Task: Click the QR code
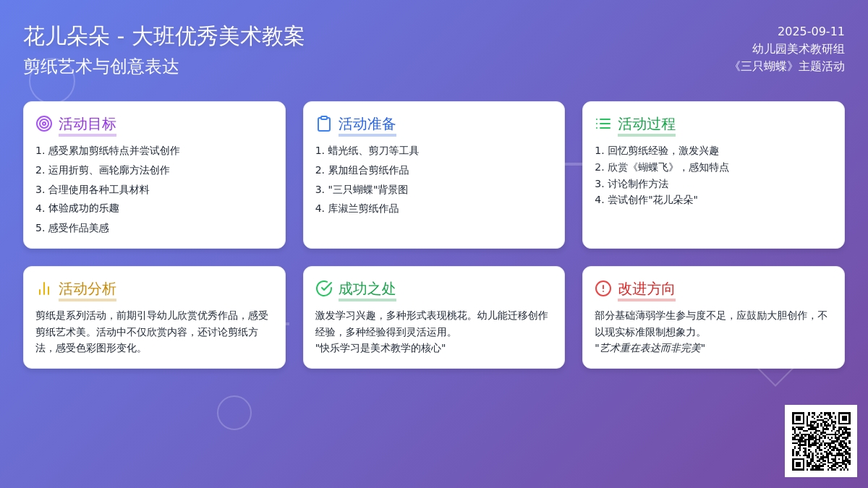(821, 441)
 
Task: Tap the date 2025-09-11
(811, 31)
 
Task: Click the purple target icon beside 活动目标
(44, 124)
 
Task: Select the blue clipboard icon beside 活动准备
(323, 124)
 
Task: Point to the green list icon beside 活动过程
(603, 124)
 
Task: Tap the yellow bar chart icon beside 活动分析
(44, 288)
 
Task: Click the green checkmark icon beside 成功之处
(323, 288)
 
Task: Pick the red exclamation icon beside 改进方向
(603, 288)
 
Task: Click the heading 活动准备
(367, 124)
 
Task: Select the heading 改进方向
(647, 288)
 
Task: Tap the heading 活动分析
(88, 288)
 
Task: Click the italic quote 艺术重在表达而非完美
(650, 348)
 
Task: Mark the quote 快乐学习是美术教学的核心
(380, 348)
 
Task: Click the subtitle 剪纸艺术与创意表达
(101, 67)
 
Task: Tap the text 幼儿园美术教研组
(799, 49)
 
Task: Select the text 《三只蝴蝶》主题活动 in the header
(788, 67)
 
